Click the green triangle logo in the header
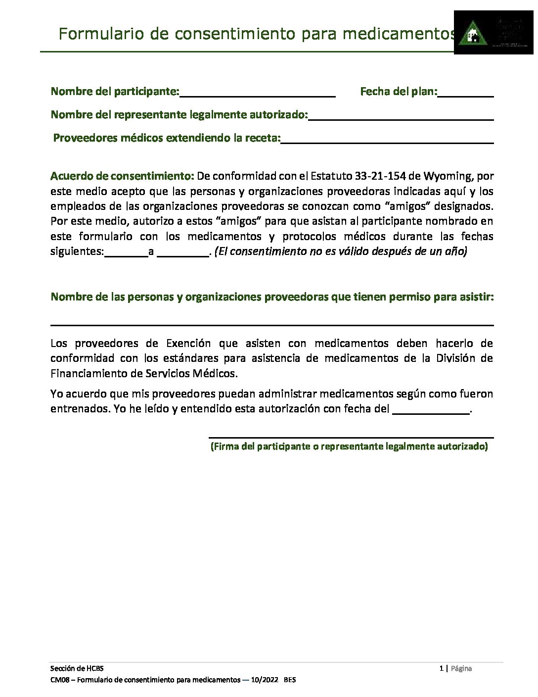click(x=470, y=35)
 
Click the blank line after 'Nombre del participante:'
click(x=258, y=94)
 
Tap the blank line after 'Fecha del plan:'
click(x=465, y=94)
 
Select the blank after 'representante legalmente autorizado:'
click(x=401, y=117)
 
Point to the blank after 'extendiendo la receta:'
click(x=387, y=141)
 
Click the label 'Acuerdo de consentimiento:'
click(x=123, y=176)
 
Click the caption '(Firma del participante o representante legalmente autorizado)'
click(x=349, y=447)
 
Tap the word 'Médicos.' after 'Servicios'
click(x=216, y=373)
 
